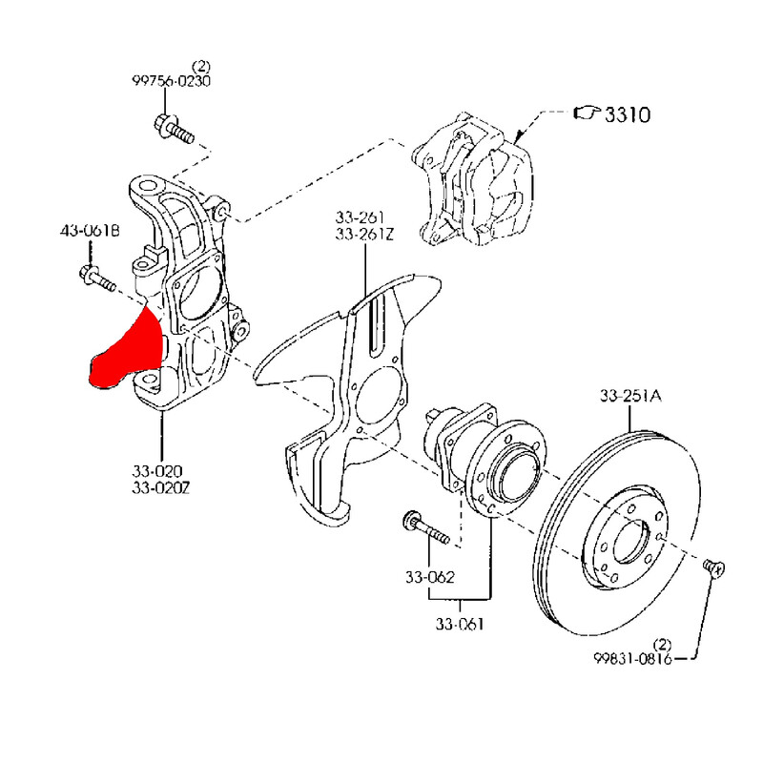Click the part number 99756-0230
pyautogui.click(x=171, y=81)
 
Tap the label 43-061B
pyautogui.click(x=91, y=231)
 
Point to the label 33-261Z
pyautogui.click(x=364, y=234)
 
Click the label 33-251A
pyautogui.click(x=630, y=396)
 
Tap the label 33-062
pyautogui.click(x=428, y=577)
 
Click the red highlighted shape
pyautogui.click(x=128, y=352)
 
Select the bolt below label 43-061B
pyautogui.click(x=96, y=279)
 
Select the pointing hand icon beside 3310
pyautogui.click(x=585, y=114)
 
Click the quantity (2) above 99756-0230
pyautogui.click(x=200, y=66)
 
